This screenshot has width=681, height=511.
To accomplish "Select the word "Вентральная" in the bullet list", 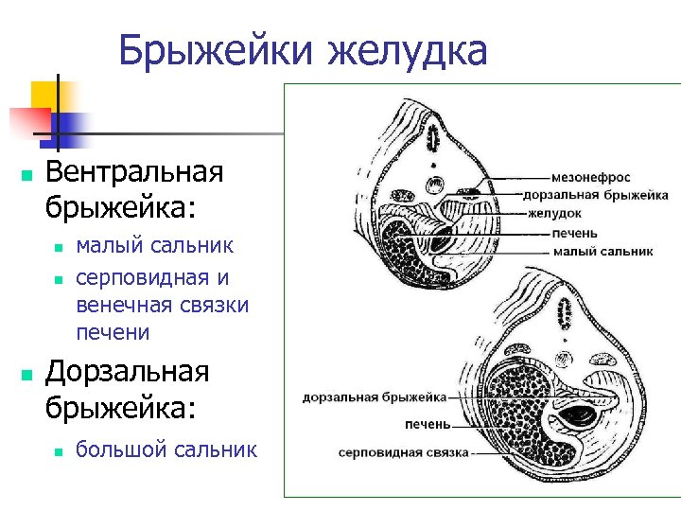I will click(134, 172).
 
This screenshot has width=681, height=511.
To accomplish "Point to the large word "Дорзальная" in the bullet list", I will click(127, 372).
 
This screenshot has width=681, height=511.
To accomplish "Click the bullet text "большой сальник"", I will click(166, 449).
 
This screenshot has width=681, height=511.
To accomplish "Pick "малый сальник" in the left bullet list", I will click(154, 246).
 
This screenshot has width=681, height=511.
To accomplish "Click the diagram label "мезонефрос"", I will click(592, 177).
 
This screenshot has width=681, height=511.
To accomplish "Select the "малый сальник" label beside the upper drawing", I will click(603, 252).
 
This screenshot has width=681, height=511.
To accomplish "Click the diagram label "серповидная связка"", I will click(404, 452).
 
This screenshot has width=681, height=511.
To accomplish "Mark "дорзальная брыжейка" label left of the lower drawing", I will click(374, 396).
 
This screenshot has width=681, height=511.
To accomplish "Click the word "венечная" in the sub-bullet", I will click(124, 305).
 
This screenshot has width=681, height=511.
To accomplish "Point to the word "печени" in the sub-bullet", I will click(113, 332).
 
